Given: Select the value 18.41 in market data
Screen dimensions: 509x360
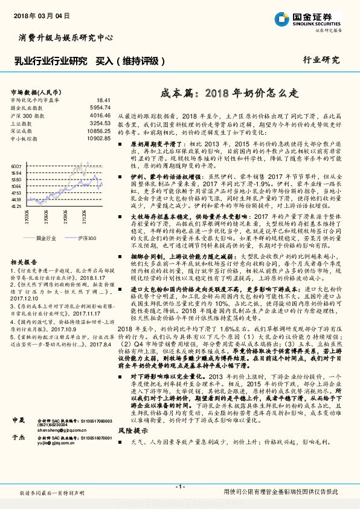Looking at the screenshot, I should coord(103,99).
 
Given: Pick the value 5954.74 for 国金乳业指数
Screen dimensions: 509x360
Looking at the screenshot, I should coord(100,106).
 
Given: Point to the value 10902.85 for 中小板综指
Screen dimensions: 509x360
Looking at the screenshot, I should coord(98,138).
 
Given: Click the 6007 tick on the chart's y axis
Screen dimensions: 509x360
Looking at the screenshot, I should coord(16,165).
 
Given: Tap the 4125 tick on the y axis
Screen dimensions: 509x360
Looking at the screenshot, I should coord(16,206).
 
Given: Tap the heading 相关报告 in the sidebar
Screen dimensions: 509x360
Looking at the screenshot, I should coord(24,262).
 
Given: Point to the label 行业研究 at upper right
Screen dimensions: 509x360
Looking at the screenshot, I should coord(321,60).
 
